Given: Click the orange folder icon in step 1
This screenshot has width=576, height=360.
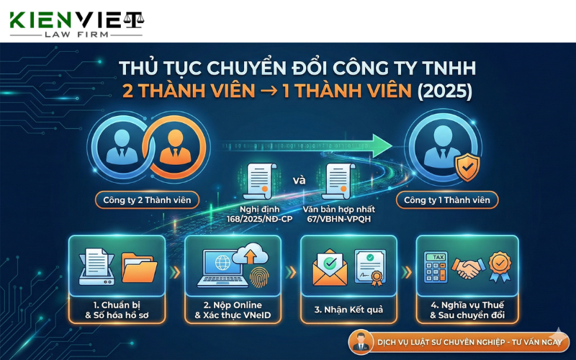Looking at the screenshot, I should pos(138,268).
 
